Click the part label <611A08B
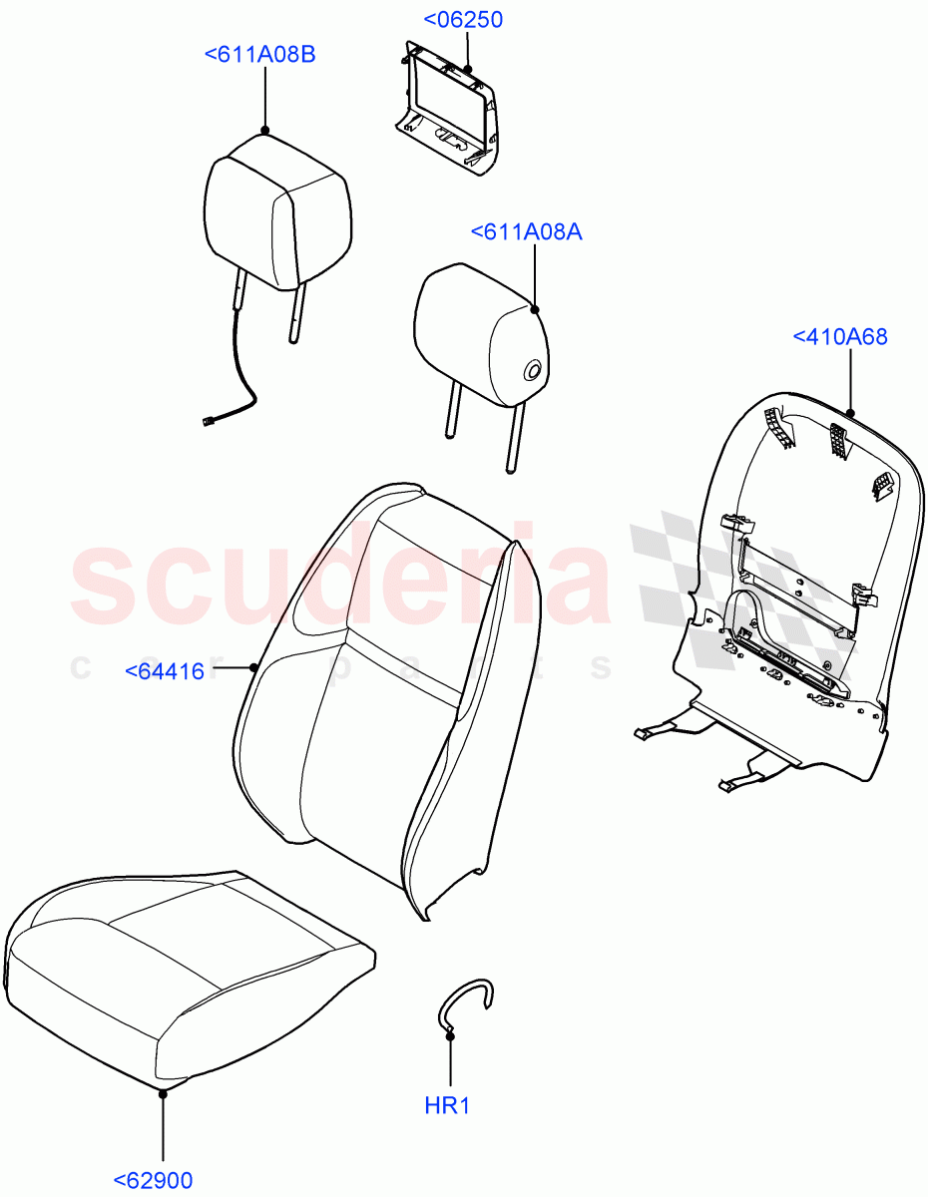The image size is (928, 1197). click(259, 54)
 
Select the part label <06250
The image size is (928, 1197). click(463, 20)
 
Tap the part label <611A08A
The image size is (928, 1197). click(526, 231)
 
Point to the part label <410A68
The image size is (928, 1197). click(840, 337)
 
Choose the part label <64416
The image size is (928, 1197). click(166, 671)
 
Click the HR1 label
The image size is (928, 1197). click(449, 1105)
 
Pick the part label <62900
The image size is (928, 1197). click(153, 1181)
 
